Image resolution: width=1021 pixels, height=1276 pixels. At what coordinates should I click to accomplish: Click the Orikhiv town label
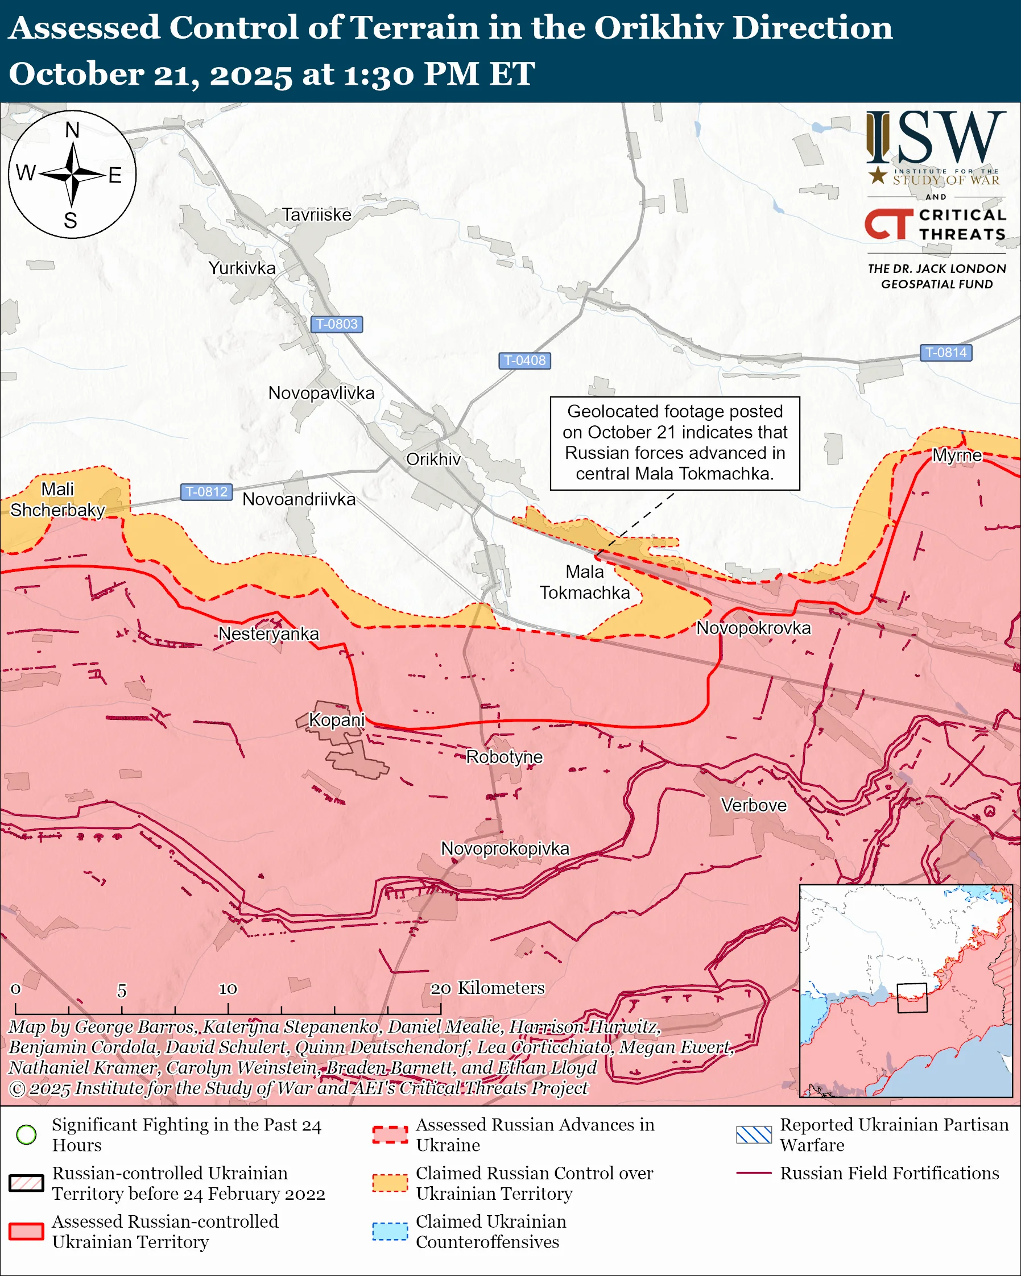433,459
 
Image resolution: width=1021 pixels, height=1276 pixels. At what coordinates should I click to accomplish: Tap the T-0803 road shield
336,324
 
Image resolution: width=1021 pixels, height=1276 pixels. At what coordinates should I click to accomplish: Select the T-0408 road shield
524,360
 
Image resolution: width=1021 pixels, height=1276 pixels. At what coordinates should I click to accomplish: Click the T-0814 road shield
945,352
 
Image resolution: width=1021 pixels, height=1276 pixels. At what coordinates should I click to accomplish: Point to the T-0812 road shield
206,491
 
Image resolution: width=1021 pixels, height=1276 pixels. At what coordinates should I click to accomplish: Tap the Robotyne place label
505,756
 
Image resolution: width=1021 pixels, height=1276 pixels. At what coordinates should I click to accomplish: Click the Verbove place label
754,805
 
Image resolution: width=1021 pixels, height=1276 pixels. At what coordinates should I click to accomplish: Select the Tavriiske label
316,214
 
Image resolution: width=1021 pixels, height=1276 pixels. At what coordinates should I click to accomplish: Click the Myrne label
957,455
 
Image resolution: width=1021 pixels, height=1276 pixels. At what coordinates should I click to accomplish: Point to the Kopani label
336,720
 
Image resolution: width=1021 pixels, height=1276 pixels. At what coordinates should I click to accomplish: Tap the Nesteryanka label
268,633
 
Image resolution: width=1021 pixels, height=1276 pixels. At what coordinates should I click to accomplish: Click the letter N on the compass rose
72,130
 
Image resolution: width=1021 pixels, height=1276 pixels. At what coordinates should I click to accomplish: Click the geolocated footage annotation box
675,443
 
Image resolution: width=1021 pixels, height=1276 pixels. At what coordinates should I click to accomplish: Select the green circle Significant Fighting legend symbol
26,1134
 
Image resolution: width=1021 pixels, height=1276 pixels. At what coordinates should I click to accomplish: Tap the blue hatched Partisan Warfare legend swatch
754,1134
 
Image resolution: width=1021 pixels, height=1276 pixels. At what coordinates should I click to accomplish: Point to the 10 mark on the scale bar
228,989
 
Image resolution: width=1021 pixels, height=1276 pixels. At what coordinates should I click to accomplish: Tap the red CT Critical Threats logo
888,223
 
